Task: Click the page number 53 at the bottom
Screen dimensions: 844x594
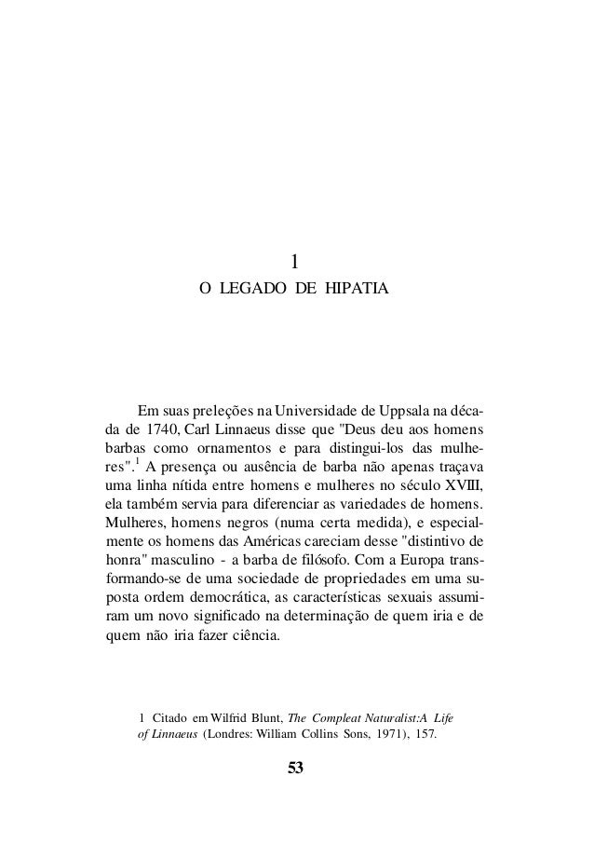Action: point(296,769)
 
